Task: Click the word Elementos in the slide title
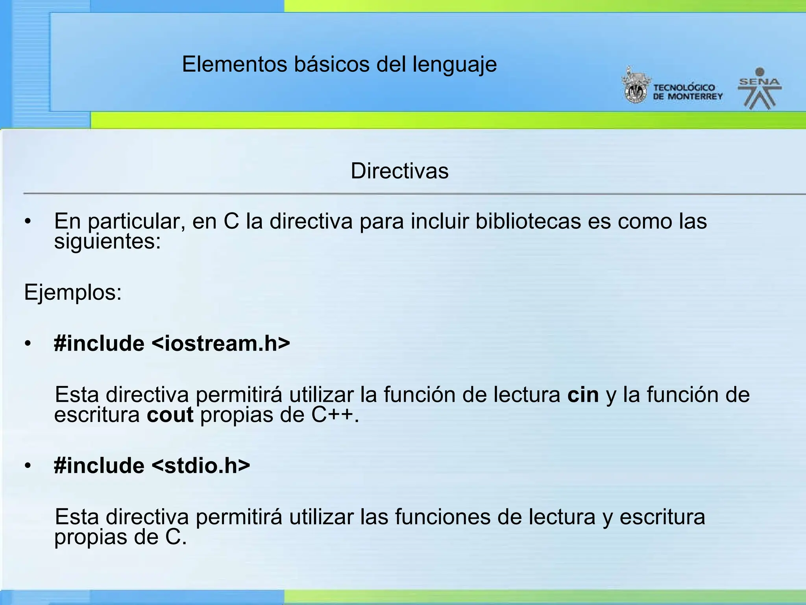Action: (x=235, y=64)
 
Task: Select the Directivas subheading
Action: (x=399, y=171)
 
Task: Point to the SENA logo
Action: (x=760, y=89)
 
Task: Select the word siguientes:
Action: (x=107, y=241)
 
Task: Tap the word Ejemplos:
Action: (x=73, y=293)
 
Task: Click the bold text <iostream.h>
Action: (x=221, y=343)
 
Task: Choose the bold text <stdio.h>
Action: (x=201, y=466)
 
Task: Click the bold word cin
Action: (x=583, y=395)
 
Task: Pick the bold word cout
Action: (x=170, y=415)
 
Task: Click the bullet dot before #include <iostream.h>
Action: (x=27, y=344)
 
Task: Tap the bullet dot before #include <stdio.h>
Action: (x=27, y=466)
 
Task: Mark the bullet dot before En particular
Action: (x=27, y=222)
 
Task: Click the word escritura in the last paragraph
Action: (x=662, y=517)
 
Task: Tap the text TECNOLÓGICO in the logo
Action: (x=684, y=87)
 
